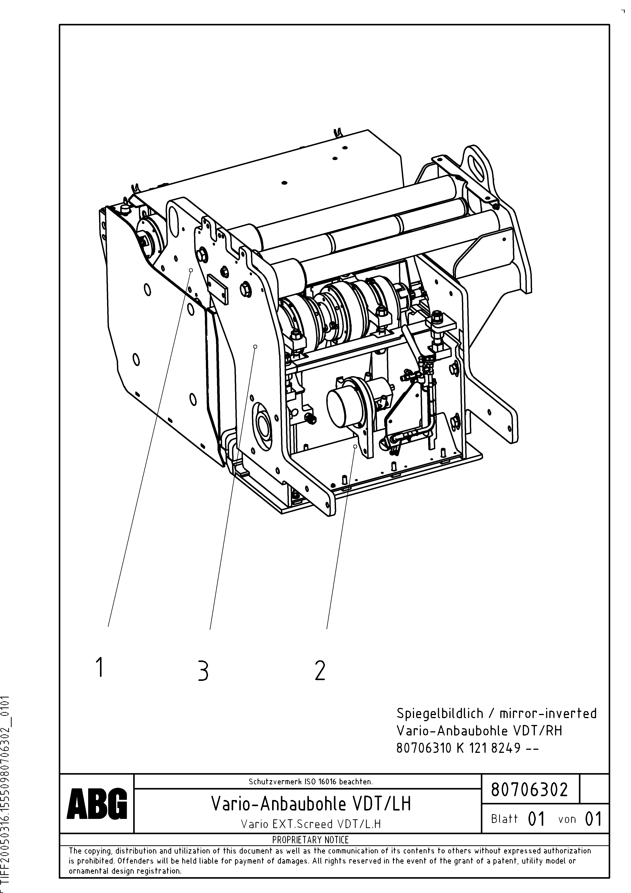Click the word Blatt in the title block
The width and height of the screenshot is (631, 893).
tap(504, 819)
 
